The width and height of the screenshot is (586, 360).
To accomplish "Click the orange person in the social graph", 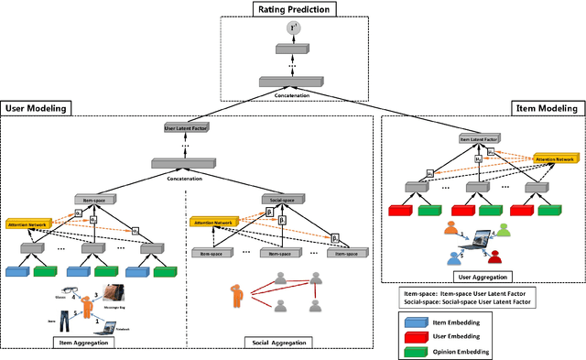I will [x=236, y=296].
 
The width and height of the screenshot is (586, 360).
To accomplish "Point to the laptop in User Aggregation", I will [x=472, y=240].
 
